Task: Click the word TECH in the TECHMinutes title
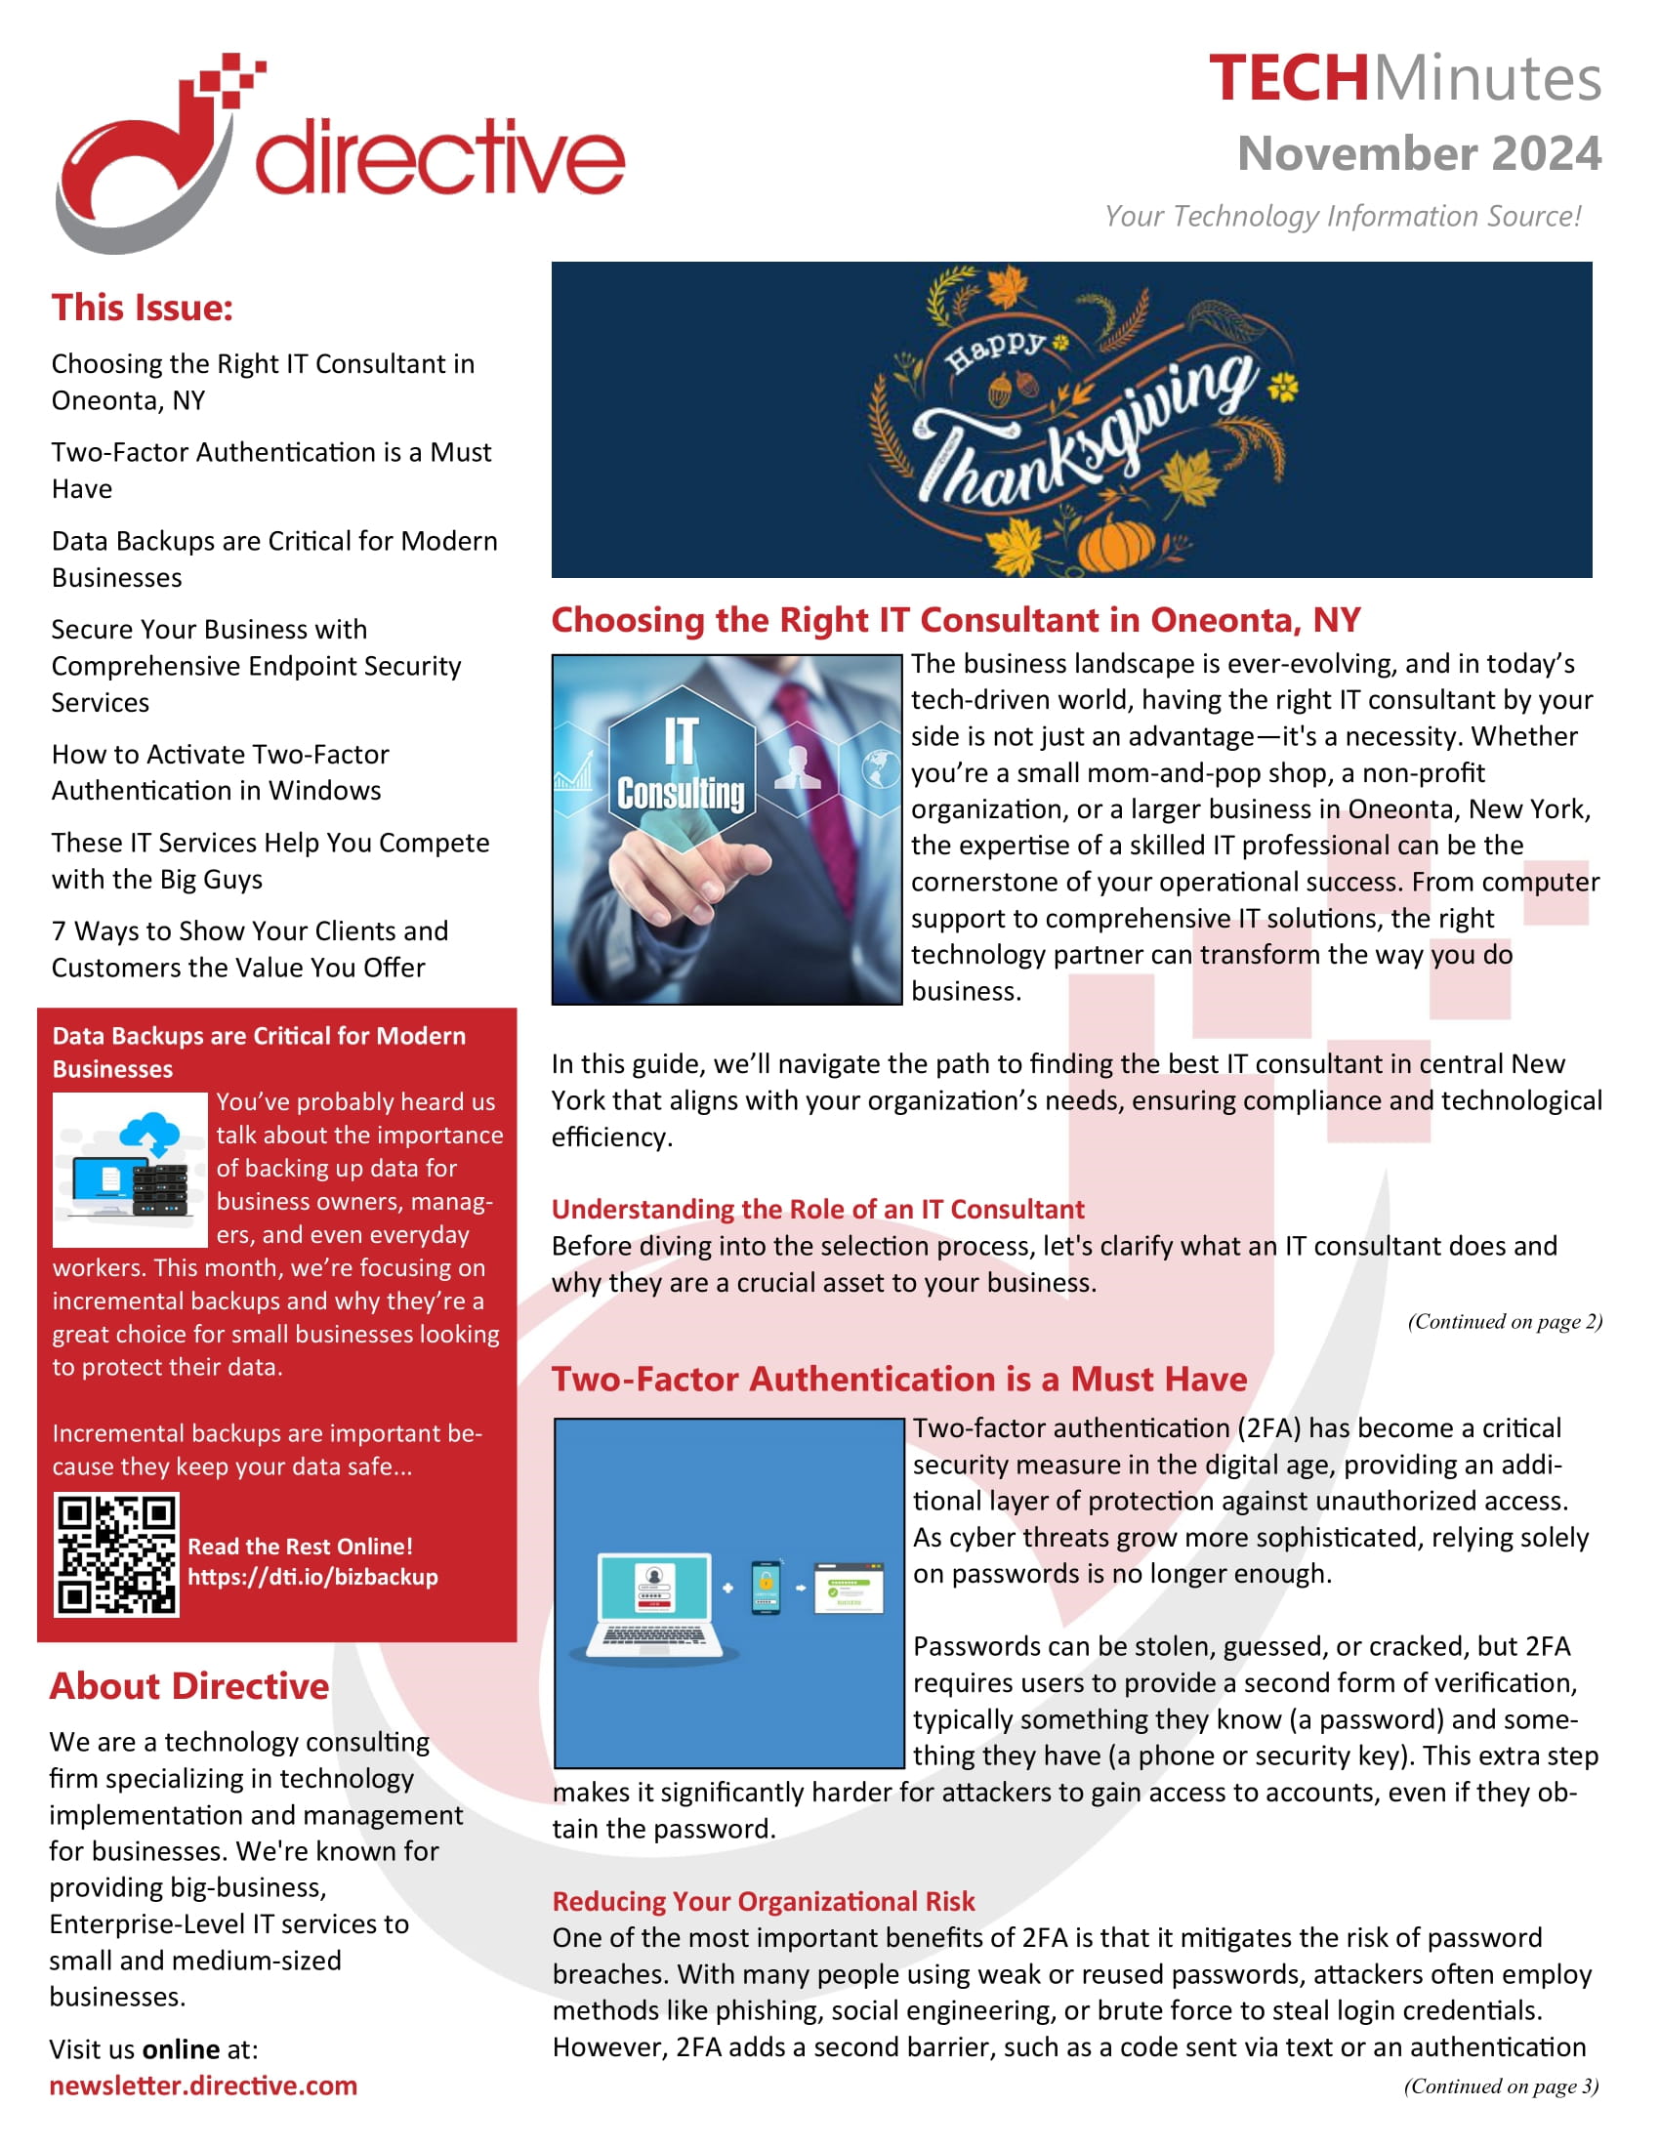point(1287,79)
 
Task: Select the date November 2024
point(1418,153)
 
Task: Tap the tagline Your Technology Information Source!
point(1342,216)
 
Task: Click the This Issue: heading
point(143,308)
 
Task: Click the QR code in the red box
point(117,1554)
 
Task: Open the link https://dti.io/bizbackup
point(312,1577)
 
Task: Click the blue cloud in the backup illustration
point(149,1133)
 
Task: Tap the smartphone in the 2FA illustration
point(766,1587)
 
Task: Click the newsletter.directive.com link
point(203,2086)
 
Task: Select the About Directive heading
point(189,1686)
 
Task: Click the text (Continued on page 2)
point(1504,1321)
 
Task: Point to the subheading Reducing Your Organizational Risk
point(764,1901)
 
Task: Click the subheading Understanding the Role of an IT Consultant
point(817,1209)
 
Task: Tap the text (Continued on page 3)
point(1501,2086)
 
